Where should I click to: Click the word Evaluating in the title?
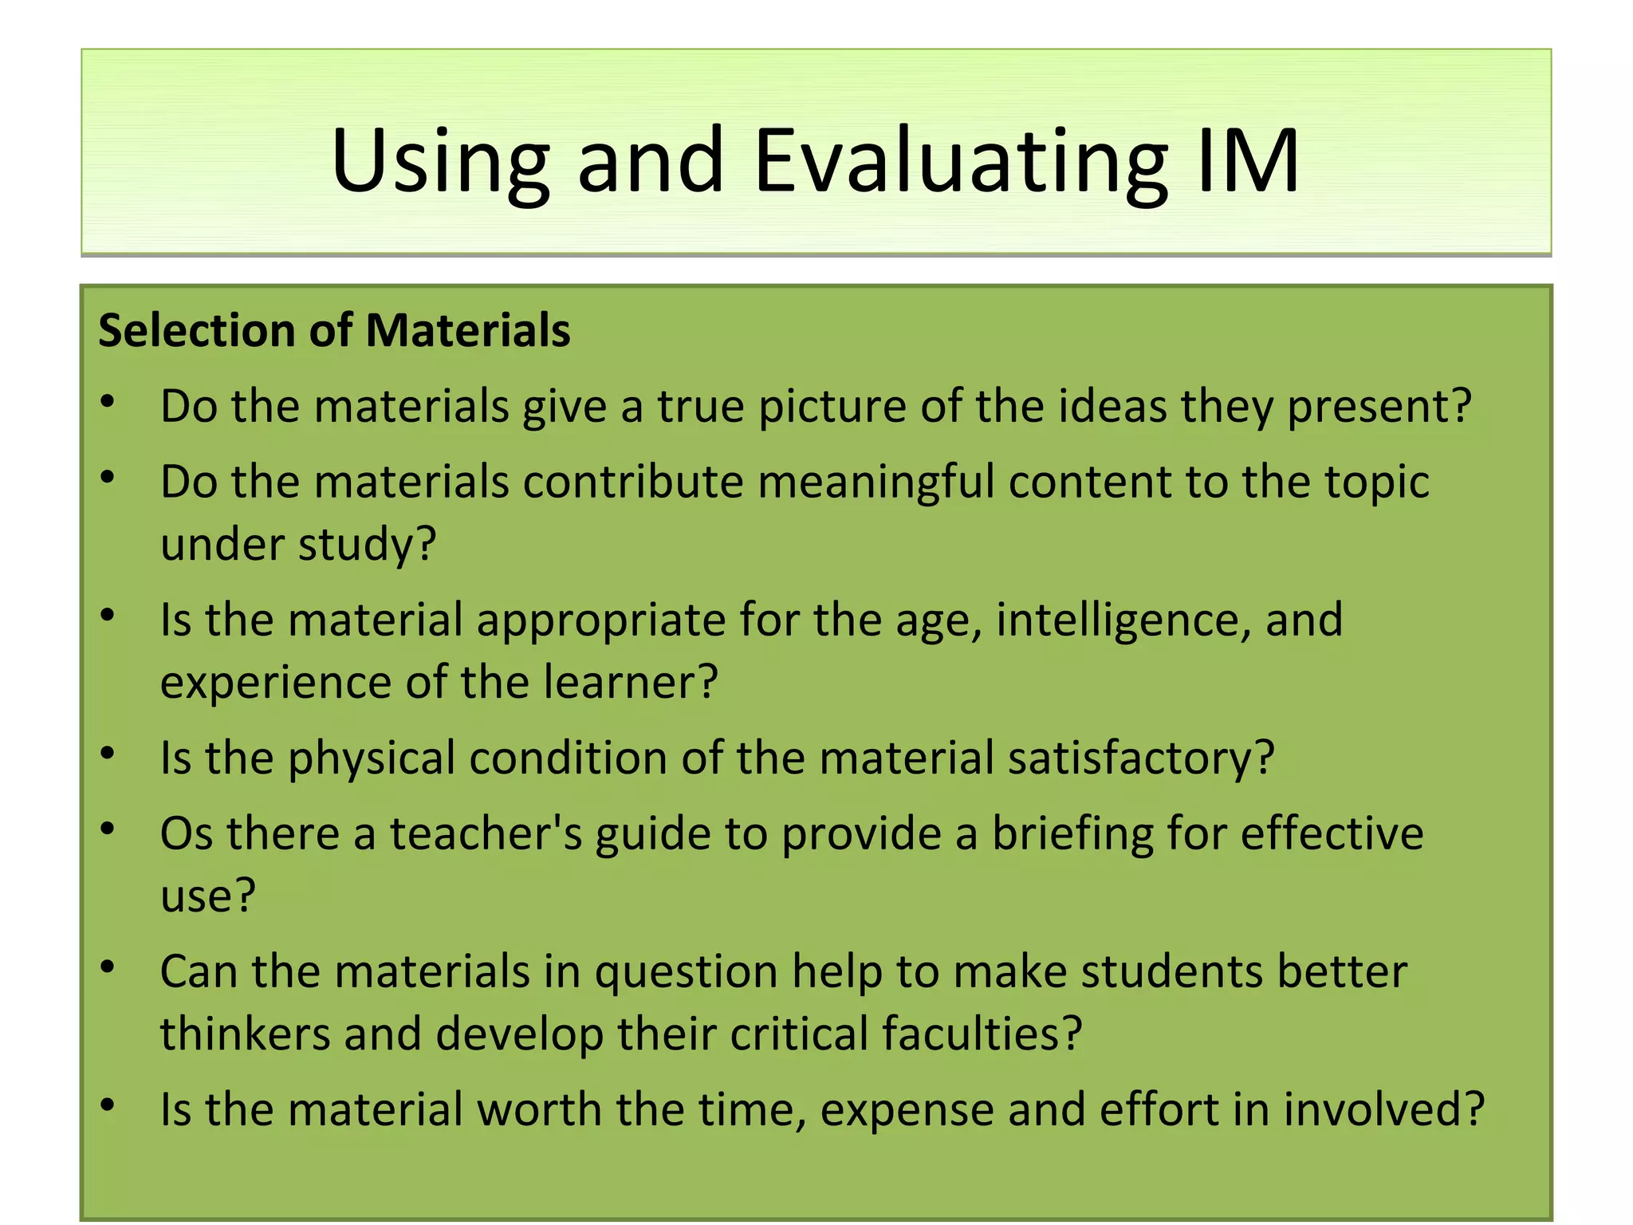(960, 162)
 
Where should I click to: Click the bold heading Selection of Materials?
(334, 330)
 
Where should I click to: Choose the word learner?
(631, 683)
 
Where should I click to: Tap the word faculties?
(982, 1034)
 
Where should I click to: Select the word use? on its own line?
(208, 896)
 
